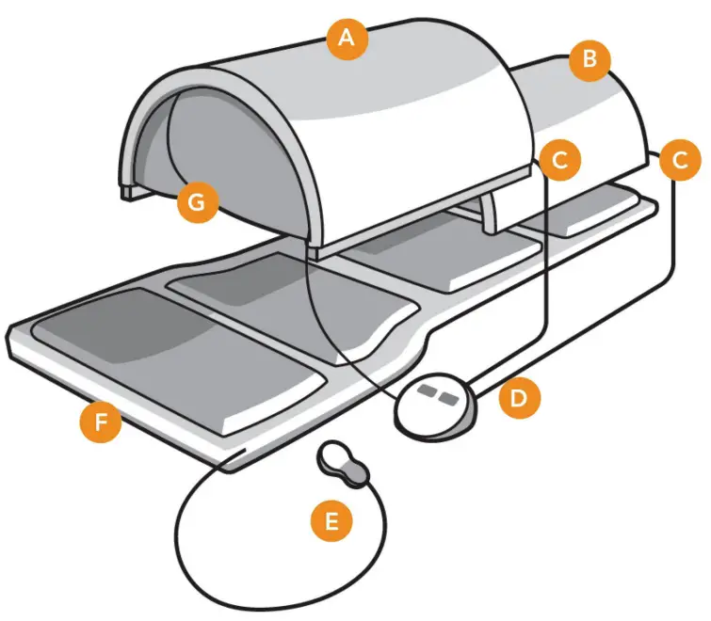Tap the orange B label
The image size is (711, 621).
click(590, 61)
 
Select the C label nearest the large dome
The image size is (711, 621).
click(559, 161)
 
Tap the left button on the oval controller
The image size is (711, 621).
click(428, 390)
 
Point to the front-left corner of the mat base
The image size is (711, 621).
click(13, 337)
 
